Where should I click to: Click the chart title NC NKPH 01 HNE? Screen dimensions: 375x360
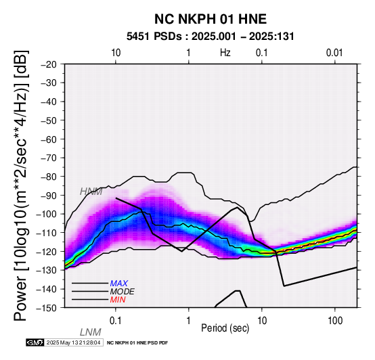click(x=211, y=19)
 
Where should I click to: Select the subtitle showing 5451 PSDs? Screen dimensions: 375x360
click(x=211, y=37)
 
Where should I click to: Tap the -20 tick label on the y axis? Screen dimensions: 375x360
click(x=49, y=64)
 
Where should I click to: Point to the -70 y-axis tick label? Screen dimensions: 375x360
click(x=49, y=158)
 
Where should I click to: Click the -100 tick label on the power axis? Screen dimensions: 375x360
click(x=47, y=214)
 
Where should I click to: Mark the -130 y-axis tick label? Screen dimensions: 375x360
click(x=47, y=270)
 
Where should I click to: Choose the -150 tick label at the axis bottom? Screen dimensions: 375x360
click(x=47, y=308)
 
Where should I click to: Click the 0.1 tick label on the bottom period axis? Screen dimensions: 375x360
click(x=116, y=321)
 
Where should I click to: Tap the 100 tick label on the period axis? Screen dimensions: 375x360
click(x=335, y=321)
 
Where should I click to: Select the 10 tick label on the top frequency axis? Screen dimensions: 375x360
click(x=116, y=53)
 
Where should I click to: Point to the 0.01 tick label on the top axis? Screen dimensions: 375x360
click(x=334, y=53)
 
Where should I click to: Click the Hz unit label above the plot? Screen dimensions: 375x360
click(x=225, y=53)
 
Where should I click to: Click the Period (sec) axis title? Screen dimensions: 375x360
click(x=225, y=328)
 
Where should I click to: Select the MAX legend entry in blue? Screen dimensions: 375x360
click(x=118, y=284)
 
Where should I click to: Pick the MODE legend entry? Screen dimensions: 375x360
click(x=123, y=292)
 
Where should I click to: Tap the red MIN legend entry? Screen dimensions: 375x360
click(x=118, y=300)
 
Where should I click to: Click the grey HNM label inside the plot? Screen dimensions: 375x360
click(x=91, y=192)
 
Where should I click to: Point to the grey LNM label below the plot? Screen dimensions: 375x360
click(x=91, y=332)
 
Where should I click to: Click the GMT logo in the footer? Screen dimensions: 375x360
click(x=35, y=342)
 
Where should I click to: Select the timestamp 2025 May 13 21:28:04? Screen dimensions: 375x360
click(x=73, y=342)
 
